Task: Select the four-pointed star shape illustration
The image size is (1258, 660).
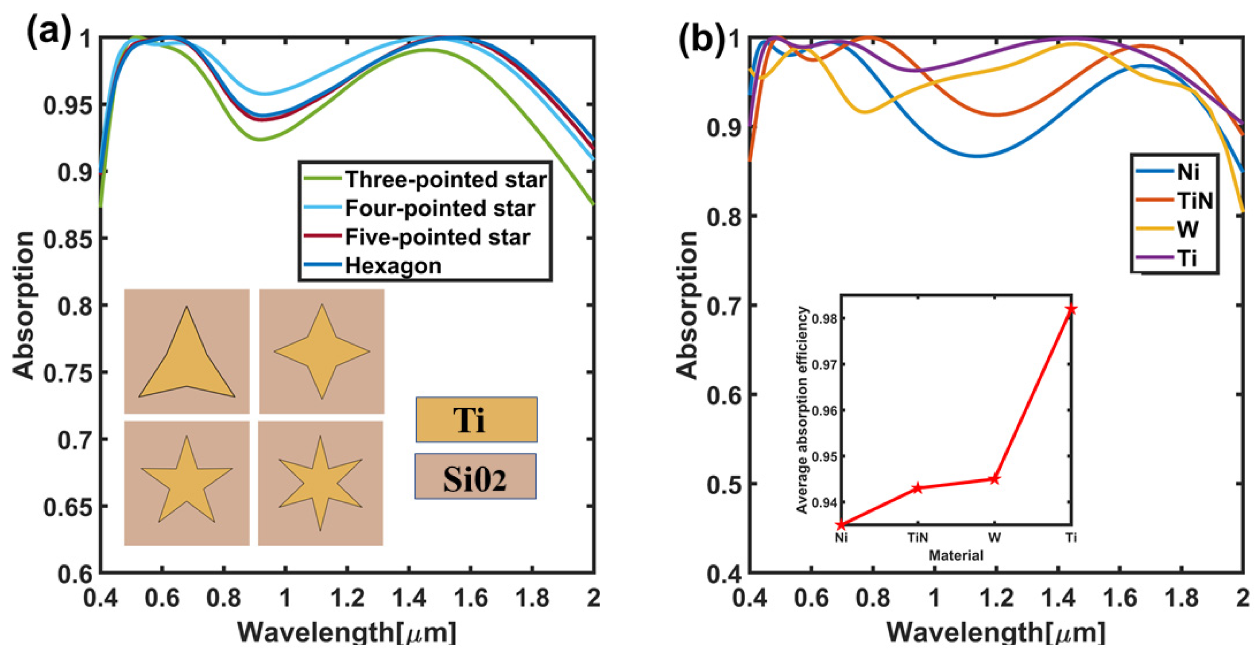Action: [321, 351]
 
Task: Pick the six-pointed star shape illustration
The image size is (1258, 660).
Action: [320, 483]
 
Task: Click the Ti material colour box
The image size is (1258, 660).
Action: [476, 419]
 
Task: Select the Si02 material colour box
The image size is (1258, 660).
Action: [475, 476]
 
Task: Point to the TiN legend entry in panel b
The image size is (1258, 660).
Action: [1195, 201]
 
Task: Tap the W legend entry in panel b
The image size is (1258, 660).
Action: [1187, 229]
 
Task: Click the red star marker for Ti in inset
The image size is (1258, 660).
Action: [1071, 309]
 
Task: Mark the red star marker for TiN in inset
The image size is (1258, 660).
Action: [917, 488]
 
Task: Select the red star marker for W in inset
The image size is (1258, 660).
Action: [994, 479]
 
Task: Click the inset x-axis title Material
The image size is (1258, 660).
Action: [956, 555]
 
